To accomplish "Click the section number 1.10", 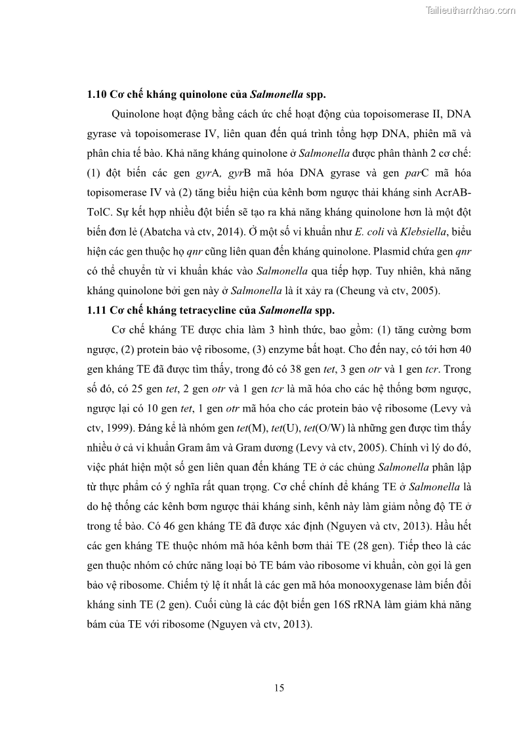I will coord(96,94).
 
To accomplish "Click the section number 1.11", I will coord(96,310).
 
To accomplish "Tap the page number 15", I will coord(279,688).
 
